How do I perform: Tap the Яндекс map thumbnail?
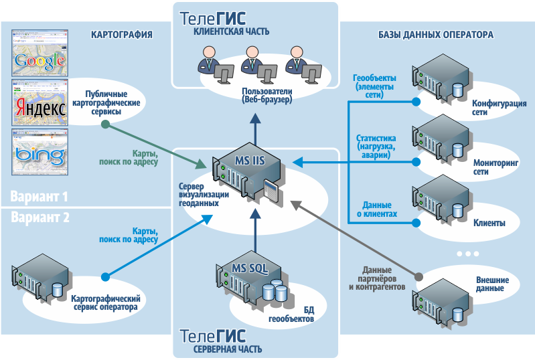tap(40, 103)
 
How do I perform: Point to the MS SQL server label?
tap(250, 268)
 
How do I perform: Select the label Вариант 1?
tap(40, 197)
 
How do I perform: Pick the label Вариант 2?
tap(40, 217)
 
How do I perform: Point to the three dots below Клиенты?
tap(467, 254)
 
